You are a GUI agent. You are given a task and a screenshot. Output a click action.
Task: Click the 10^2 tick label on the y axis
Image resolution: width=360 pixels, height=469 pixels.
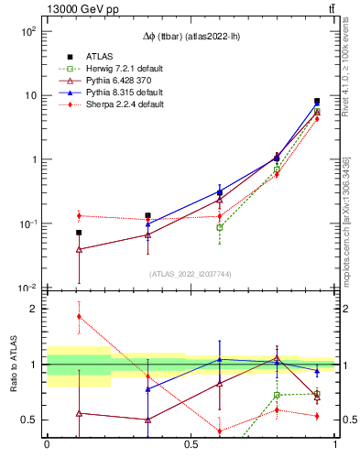click(27, 31)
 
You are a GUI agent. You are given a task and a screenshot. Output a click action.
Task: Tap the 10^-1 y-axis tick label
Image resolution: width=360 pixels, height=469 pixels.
click(27, 224)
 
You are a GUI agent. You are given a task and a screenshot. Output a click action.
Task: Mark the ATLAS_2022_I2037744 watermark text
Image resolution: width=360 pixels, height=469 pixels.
click(189, 274)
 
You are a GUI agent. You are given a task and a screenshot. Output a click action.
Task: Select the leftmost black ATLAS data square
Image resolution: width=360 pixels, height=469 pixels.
click(79, 233)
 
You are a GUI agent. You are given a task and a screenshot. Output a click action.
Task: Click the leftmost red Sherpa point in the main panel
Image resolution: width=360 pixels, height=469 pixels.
click(79, 216)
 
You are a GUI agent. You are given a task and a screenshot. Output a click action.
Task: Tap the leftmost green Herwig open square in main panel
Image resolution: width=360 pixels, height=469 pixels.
click(220, 227)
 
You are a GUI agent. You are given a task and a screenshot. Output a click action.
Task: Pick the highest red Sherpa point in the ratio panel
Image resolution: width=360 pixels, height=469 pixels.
click(79, 316)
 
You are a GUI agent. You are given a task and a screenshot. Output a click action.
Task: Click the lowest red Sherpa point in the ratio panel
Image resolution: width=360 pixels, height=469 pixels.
click(220, 431)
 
